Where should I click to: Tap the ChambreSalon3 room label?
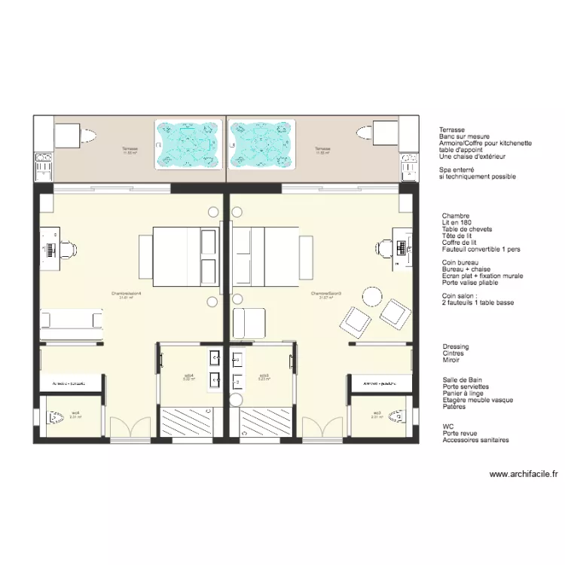tap(326, 294)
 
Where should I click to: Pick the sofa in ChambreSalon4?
tap(72, 320)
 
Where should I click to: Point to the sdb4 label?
tap(189, 376)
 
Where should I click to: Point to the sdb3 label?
tap(264, 376)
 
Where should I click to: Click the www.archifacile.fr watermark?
tap(524, 475)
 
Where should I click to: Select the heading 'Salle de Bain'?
tap(463, 380)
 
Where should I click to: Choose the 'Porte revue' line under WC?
tap(461, 433)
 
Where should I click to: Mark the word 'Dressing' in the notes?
tap(456, 347)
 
